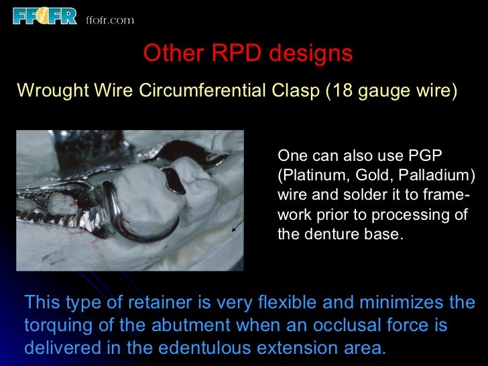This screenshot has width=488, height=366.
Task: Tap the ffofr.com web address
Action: pyautogui.click(x=110, y=19)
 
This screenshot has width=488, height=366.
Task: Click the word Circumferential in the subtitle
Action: pyautogui.click(x=204, y=91)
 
